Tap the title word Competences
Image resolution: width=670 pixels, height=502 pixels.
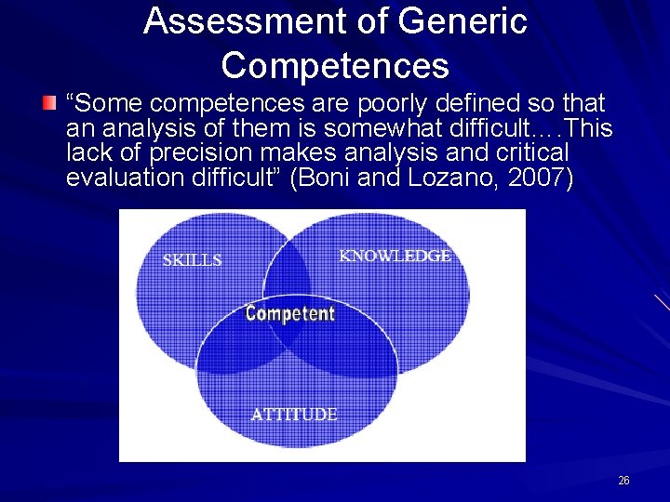[x=335, y=66]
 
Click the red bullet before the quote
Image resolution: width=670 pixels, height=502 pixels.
[x=50, y=101]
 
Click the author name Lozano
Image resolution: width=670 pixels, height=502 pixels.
[x=454, y=178]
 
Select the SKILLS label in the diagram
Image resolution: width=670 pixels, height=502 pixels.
[x=192, y=260]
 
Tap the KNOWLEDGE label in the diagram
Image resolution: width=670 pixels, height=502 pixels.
[x=395, y=256]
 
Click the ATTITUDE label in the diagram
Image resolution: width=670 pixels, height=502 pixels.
[x=294, y=415]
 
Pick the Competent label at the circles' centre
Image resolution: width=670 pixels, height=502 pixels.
[x=289, y=313]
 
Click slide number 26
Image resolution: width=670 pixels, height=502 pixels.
[x=623, y=481]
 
